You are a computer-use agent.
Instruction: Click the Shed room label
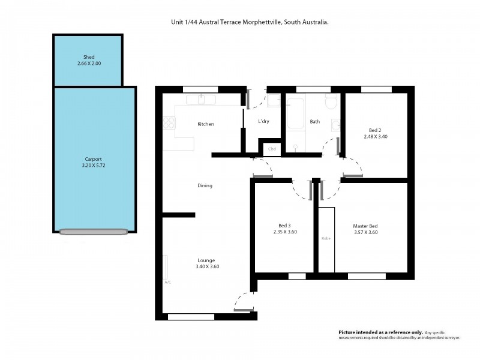click(x=89, y=57)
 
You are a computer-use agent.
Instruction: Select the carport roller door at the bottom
click(x=94, y=232)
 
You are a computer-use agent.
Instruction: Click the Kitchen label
click(x=206, y=124)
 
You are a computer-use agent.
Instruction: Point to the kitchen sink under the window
click(x=204, y=100)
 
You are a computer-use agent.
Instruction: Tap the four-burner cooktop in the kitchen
click(x=169, y=122)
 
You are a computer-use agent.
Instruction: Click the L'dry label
click(x=263, y=122)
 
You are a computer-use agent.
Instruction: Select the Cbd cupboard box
click(x=272, y=149)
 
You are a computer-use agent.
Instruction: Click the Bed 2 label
click(x=374, y=130)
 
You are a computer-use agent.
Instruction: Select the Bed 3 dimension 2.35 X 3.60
click(x=285, y=232)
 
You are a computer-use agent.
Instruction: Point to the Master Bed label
click(x=365, y=226)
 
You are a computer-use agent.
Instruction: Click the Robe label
click(x=326, y=238)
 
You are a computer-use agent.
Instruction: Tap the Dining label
click(x=205, y=185)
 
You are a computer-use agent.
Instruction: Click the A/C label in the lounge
click(x=167, y=281)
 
